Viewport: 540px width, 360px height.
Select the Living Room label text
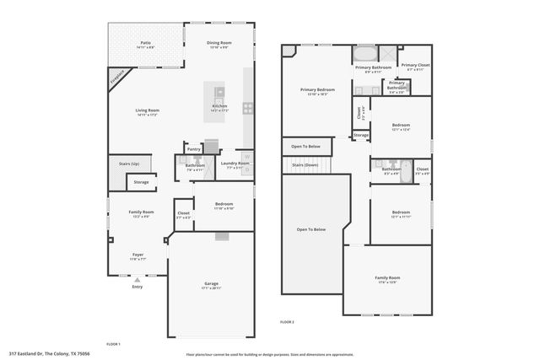pyautogui.click(x=148, y=110)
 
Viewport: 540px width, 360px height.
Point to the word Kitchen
pyautogui.click(x=219, y=105)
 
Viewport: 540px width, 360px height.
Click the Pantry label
pyautogui.click(x=193, y=148)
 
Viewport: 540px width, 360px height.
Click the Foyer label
pyautogui.click(x=137, y=254)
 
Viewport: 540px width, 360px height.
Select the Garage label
pyautogui.click(x=211, y=283)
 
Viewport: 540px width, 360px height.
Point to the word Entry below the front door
pyautogui.click(x=137, y=287)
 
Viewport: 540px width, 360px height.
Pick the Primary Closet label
pyautogui.click(x=415, y=65)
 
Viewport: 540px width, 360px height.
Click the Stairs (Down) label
pyautogui.click(x=304, y=164)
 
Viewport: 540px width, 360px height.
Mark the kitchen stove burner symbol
pyautogui.click(x=248, y=107)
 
